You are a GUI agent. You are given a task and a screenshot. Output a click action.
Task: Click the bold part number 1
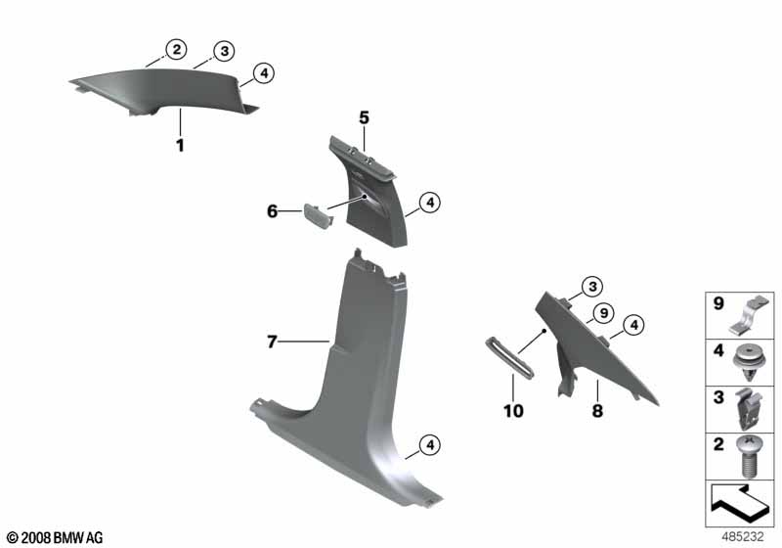pyautogui.click(x=180, y=145)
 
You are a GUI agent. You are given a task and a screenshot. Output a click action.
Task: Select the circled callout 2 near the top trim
pyautogui.click(x=176, y=49)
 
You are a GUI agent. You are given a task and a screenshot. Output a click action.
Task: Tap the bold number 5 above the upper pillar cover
pyautogui.click(x=364, y=117)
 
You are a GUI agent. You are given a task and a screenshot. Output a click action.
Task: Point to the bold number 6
pyautogui.click(x=273, y=211)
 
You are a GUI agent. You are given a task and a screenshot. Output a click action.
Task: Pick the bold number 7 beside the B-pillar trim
pyautogui.click(x=272, y=342)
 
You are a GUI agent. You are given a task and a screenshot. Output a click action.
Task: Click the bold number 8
pyautogui.click(x=597, y=411)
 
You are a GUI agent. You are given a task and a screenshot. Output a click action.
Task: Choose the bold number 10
pyautogui.click(x=513, y=411)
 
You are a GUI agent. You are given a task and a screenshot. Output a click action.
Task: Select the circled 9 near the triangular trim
pyautogui.click(x=604, y=313)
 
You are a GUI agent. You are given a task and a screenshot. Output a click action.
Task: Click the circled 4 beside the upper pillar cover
pyautogui.click(x=430, y=203)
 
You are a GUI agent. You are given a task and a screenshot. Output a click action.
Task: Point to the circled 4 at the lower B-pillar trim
pyautogui.click(x=430, y=444)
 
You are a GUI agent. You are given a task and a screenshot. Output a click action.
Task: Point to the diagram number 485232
pyautogui.click(x=743, y=536)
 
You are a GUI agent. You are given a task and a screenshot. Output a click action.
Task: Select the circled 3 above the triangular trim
pyautogui.click(x=592, y=287)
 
